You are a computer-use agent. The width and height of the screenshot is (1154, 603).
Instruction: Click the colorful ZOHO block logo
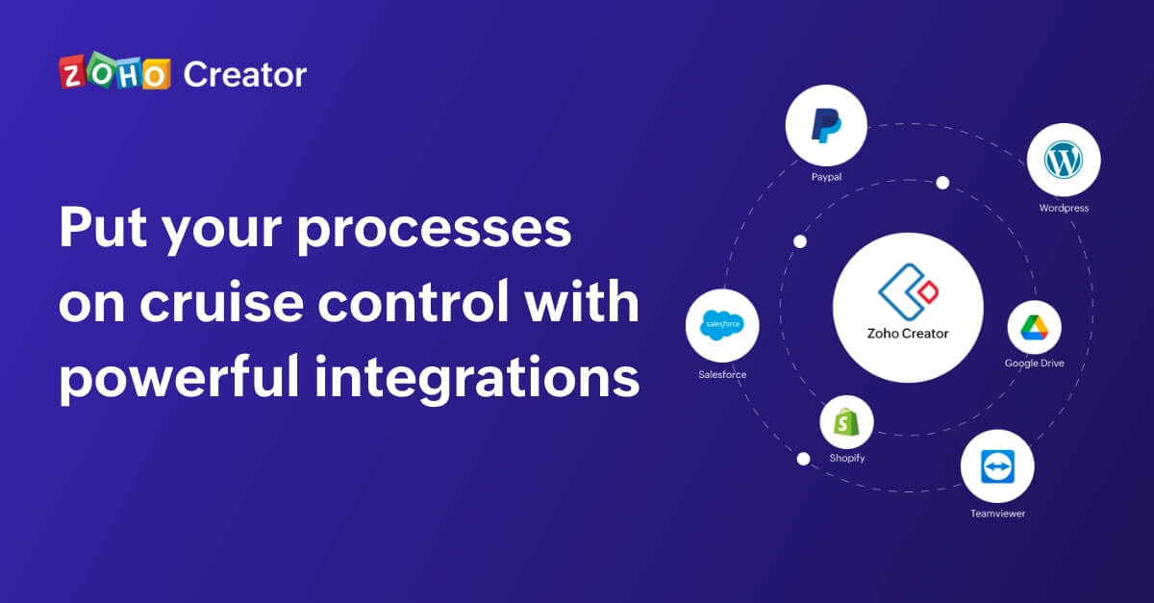[114, 71]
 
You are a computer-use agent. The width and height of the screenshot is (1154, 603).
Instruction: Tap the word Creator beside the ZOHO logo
[245, 75]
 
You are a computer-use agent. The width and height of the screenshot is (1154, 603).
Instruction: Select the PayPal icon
[826, 125]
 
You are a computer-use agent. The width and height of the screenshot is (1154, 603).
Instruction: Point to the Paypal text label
[826, 177]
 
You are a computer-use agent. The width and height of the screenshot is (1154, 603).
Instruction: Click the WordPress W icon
[1064, 160]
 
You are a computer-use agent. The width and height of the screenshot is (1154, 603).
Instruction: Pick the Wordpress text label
[1064, 208]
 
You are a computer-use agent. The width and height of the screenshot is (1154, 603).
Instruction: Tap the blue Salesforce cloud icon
[722, 325]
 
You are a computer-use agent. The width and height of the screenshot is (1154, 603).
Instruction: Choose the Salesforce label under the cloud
[722, 375]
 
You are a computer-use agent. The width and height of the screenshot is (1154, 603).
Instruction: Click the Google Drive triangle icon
[1034, 328]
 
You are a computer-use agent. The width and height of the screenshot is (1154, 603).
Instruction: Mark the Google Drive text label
[1034, 364]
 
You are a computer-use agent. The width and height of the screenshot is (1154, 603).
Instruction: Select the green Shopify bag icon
[846, 421]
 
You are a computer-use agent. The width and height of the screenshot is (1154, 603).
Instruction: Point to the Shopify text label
[847, 458]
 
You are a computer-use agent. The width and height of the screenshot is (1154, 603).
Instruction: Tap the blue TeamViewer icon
[997, 466]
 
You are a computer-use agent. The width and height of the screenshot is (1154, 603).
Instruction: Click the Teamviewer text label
[998, 514]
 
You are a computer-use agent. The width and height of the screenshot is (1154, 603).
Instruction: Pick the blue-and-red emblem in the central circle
[908, 291]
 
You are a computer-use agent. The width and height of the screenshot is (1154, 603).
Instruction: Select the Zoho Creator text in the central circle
[908, 334]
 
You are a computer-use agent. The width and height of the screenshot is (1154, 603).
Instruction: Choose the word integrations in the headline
[477, 378]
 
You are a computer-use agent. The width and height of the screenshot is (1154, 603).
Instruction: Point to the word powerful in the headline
[179, 378]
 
